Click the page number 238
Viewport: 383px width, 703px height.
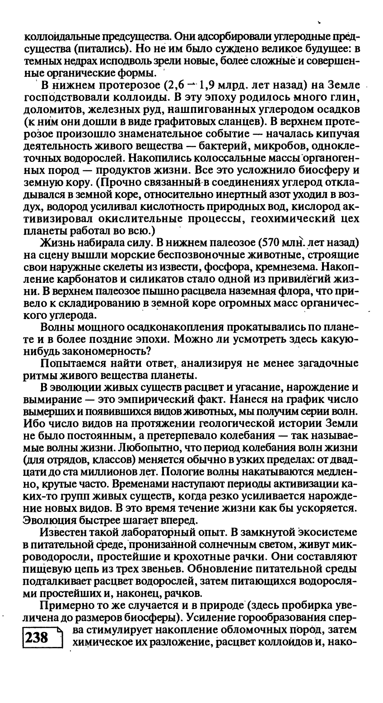(x=37, y=637)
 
